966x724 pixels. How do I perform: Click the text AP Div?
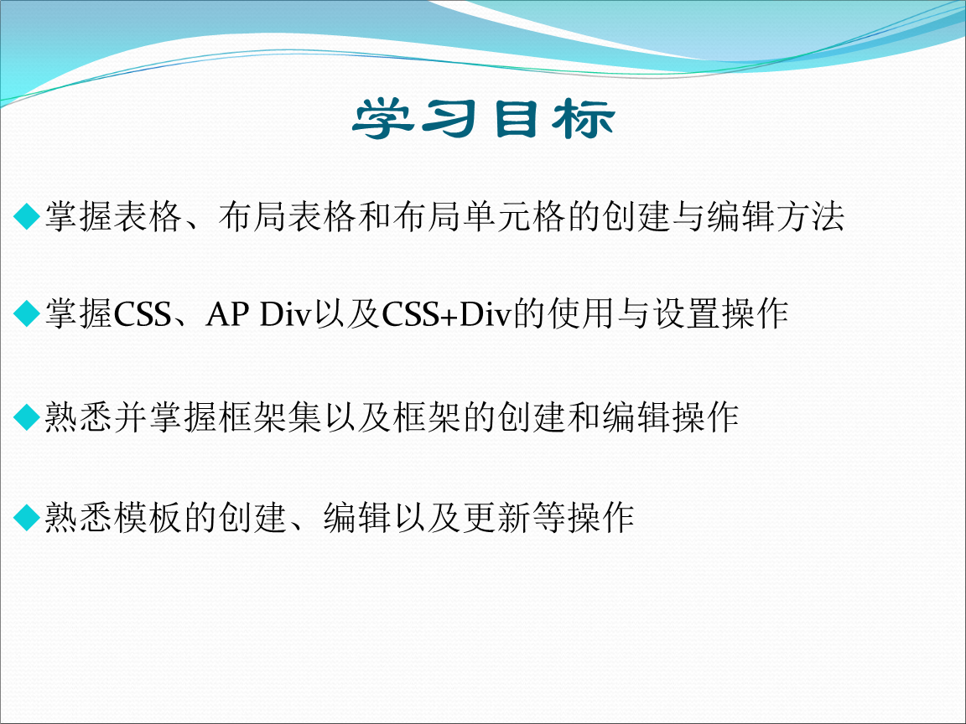(257, 315)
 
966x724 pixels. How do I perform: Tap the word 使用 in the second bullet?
(579, 315)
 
